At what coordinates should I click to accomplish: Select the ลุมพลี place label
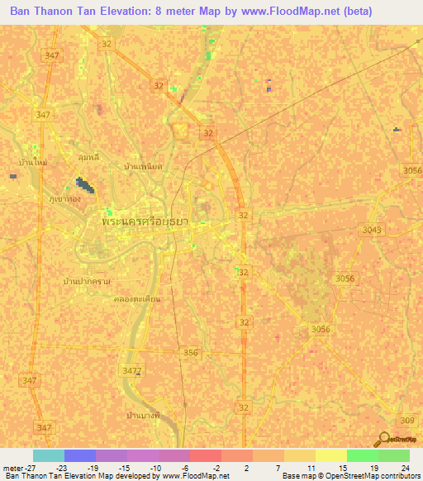[x=88, y=155]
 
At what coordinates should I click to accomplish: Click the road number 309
[x=408, y=421]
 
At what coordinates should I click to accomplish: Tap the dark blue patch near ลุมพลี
[x=84, y=185]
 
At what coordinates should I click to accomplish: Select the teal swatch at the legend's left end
[x=49, y=455]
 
